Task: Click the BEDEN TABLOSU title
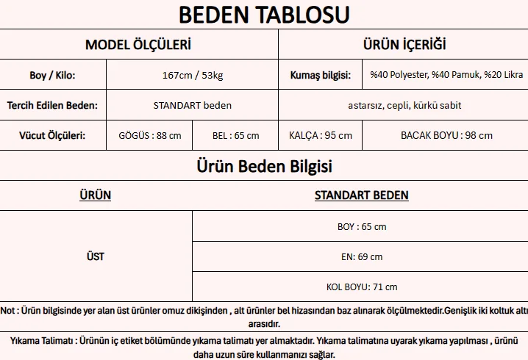pyautogui.click(x=264, y=14)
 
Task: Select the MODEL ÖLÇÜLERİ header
pyautogui.click(x=138, y=44)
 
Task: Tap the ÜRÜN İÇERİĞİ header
pyautogui.click(x=404, y=44)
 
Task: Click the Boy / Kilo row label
pyautogui.click(x=52, y=75)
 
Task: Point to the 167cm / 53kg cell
pyautogui.click(x=192, y=75)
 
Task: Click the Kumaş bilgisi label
pyautogui.click(x=319, y=75)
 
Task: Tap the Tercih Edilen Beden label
pyautogui.click(x=52, y=105)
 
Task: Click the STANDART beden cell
pyautogui.click(x=192, y=105)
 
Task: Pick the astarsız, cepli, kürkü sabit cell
pyautogui.click(x=404, y=105)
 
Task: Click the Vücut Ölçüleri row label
pyautogui.click(x=52, y=135)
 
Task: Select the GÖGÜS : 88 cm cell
pyautogui.click(x=149, y=135)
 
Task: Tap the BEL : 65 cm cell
pyautogui.click(x=235, y=135)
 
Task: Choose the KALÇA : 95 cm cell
pyautogui.click(x=321, y=135)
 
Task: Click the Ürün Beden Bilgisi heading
pyautogui.click(x=264, y=166)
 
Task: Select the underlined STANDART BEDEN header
pyautogui.click(x=361, y=195)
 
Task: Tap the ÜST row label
pyautogui.click(x=95, y=256)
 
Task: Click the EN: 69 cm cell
pyautogui.click(x=361, y=256)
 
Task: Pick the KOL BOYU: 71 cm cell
pyautogui.click(x=361, y=287)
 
